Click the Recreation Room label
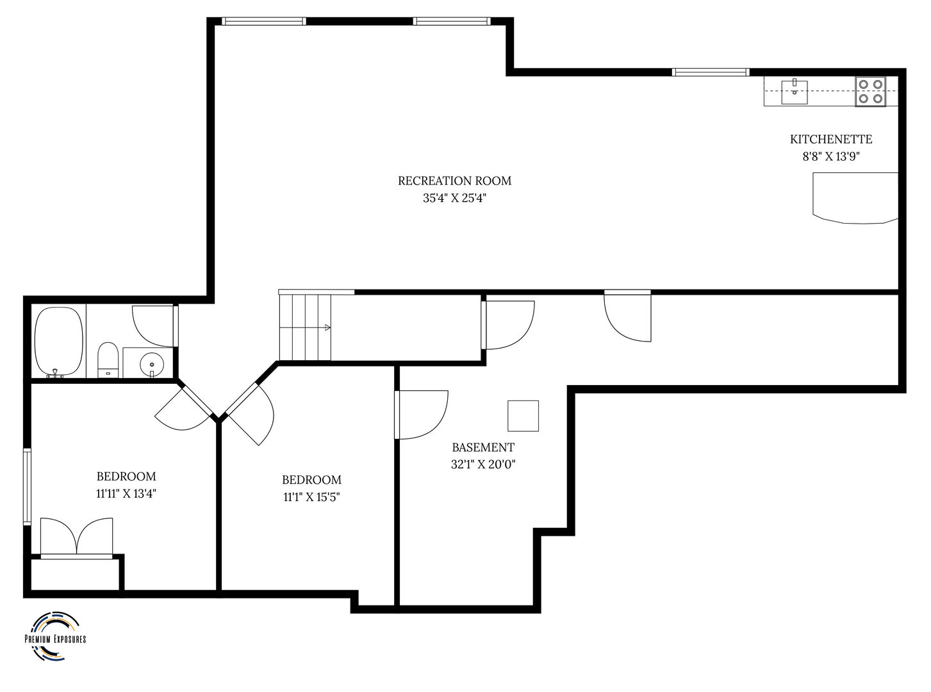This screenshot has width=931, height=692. pyautogui.click(x=454, y=181)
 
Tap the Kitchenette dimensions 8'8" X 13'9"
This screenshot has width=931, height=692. pyautogui.click(x=831, y=156)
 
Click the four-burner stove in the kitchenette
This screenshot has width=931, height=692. pyautogui.click(x=871, y=91)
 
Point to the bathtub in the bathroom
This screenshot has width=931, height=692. pyautogui.click(x=59, y=342)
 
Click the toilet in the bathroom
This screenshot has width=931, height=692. pyautogui.click(x=108, y=360)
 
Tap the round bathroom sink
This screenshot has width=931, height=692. pyautogui.click(x=151, y=362)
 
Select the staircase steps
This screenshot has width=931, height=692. pyautogui.click(x=305, y=327)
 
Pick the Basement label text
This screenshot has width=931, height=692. pyautogui.click(x=483, y=448)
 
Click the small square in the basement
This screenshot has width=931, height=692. pyautogui.click(x=523, y=416)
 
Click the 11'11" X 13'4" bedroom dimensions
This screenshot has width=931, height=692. pyautogui.click(x=126, y=494)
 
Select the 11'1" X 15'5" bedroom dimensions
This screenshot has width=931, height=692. pyautogui.click(x=311, y=497)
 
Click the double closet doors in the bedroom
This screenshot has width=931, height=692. pyautogui.click(x=76, y=538)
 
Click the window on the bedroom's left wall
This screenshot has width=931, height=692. pyautogui.click(x=28, y=487)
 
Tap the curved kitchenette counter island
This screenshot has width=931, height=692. pyautogui.click(x=855, y=198)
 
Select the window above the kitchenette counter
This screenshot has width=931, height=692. pyautogui.click(x=710, y=72)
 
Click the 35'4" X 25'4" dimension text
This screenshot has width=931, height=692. pyautogui.click(x=454, y=198)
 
